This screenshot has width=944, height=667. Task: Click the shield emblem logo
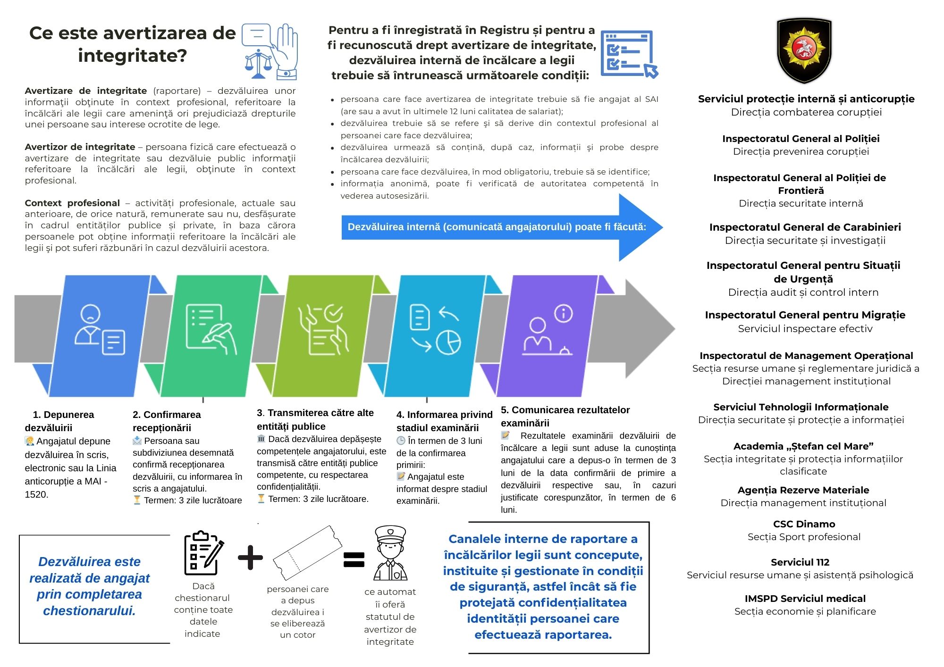click(804, 50)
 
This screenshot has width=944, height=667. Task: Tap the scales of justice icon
click(258, 63)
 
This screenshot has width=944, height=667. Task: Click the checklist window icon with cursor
click(629, 54)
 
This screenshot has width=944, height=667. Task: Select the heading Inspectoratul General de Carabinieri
click(805, 227)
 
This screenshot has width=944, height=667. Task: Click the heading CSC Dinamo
click(804, 524)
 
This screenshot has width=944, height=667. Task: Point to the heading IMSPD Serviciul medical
click(805, 599)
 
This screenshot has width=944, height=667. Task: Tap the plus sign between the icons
click(250, 558)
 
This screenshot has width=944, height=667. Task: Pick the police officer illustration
click(390, 553)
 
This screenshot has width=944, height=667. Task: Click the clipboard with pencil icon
click(203, 553)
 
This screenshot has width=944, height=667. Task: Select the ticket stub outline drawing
click(307, 553)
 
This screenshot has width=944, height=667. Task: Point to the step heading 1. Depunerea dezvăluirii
click(59, 421)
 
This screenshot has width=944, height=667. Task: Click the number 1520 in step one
click(37, 494)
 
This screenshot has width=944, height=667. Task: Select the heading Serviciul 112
click(800, 562)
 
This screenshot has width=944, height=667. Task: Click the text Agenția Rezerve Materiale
click(803, 490)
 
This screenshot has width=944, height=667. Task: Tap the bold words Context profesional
click(72, 203)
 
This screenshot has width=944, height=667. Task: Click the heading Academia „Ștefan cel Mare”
click(803, 446)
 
